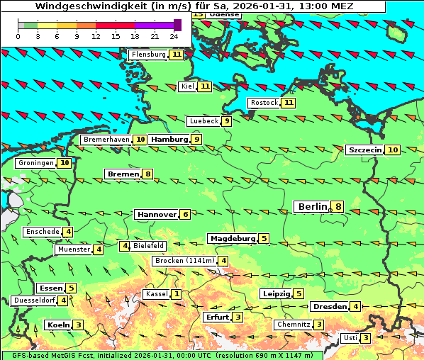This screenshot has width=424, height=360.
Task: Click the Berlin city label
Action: tap(312, 207)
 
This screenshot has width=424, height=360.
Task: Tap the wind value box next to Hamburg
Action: tap(198, 140)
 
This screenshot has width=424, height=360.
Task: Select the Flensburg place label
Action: tap(148, 55)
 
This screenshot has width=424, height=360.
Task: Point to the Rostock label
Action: tap(264, 103)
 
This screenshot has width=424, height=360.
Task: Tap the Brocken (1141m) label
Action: tap(184, 261)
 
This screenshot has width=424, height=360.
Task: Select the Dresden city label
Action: tap(329, 307)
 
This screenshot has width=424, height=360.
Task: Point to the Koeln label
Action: tap(57, 325)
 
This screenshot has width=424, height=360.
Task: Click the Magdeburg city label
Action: tap(232, 239)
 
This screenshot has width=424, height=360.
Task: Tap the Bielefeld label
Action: tap(149, 246)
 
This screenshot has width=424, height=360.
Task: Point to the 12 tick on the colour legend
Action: tap(96, 35)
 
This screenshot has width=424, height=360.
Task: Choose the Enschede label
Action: tap(43, 232)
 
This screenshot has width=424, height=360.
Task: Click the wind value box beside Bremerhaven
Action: tap(141, 140)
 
